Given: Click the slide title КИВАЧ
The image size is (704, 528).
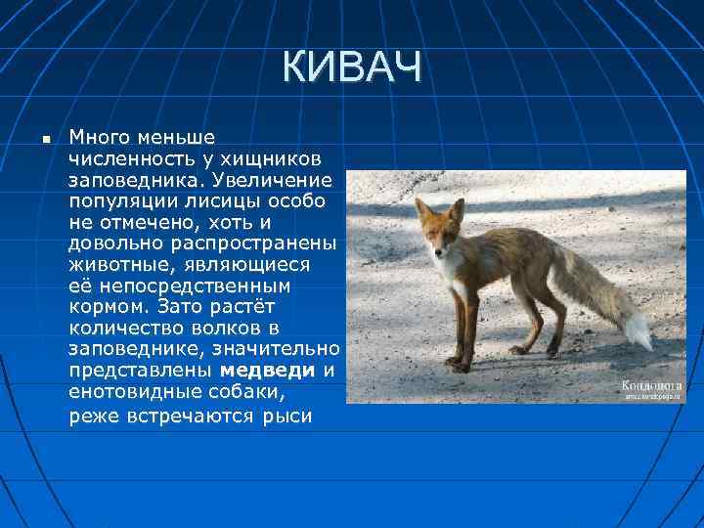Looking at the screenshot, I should (x=352, y=68).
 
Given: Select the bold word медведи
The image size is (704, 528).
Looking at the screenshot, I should (x=267, y=371).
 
